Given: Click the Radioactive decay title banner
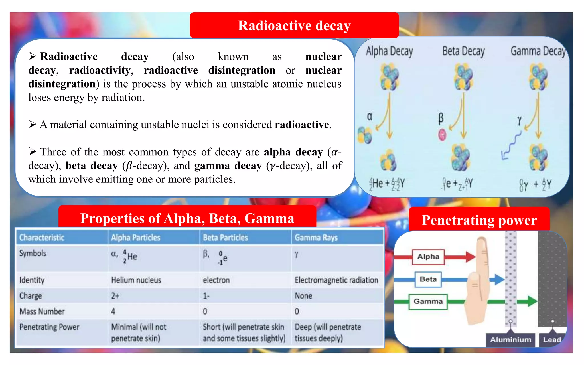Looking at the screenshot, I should pyautogui.click(x=294, y=25).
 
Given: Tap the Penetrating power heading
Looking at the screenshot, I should pyautogui.click(x=479, y=220).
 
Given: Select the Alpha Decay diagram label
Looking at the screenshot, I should pyautogui.click(x=389, y=52).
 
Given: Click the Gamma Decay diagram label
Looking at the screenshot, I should pyautogui.click(x=538, y=52).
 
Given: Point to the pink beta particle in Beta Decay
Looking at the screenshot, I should pyautogui.click(x=442, y=135).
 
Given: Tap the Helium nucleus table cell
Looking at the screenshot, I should pyautogui.click(x=136, y=280).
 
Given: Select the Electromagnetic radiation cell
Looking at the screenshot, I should pyautogui.click(x=336, y=280).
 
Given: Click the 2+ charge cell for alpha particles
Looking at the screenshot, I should pyautogui.click(x=115, y=296).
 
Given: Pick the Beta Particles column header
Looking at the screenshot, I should pyautogui.click(x=225, y=238).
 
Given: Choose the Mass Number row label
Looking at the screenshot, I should pyautogui.click(x=42, y=311).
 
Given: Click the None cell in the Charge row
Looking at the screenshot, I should pyautogui.click(x=303, y=296).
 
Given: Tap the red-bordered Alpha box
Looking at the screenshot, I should pyautogui.click(x=428, y=257).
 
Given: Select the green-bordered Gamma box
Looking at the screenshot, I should pyautogui.click(x=428, y=301).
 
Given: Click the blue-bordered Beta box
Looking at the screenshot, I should pyautogui.click(x=428, y=279).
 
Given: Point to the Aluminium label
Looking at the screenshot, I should pyautogui.click(x=510, y=340).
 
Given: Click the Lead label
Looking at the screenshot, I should pyautogui.click(x=552, y=340).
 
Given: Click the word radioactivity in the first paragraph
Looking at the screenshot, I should pyautogui.click(x=100, y=70).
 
